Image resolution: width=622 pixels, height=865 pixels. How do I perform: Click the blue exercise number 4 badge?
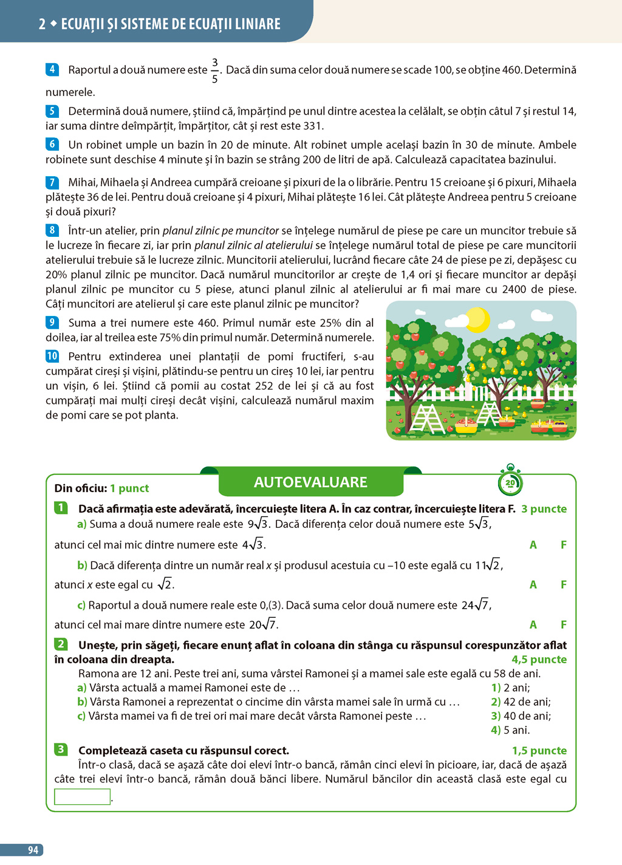(x=52, y=69)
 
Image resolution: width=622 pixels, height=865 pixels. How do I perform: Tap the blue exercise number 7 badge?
(x=52, y=182)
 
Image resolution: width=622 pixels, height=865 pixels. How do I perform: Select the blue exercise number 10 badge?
(x=52, y=356)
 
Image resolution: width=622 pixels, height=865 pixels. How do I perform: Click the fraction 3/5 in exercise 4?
(x=214, y=70)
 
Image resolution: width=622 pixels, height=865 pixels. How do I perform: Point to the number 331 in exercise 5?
(x=313, y=126)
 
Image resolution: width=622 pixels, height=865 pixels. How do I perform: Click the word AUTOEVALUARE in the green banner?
(x=310, y=482)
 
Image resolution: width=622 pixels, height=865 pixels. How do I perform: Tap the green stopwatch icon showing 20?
(x=510, y=482)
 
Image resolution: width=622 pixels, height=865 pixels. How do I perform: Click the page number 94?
(x=33, y=850)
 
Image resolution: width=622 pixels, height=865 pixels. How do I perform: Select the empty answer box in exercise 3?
(x=82, y=796)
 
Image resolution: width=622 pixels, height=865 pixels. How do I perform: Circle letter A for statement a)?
(x=533, y=545)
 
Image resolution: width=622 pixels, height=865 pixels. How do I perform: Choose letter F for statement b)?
(x=564, y=584)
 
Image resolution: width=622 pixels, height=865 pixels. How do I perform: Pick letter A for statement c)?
(x=533, y=624)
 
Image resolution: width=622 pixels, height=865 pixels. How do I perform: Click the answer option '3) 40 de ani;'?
(x=521, y=716)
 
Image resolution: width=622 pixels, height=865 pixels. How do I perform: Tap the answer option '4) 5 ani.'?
(x=510, y=730)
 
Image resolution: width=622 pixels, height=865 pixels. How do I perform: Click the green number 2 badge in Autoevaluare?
(x=61, y=644)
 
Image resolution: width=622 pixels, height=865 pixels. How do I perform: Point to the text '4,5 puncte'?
(x=539, y=659)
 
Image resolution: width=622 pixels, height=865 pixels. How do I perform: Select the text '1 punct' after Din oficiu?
(x=129, y=488)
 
